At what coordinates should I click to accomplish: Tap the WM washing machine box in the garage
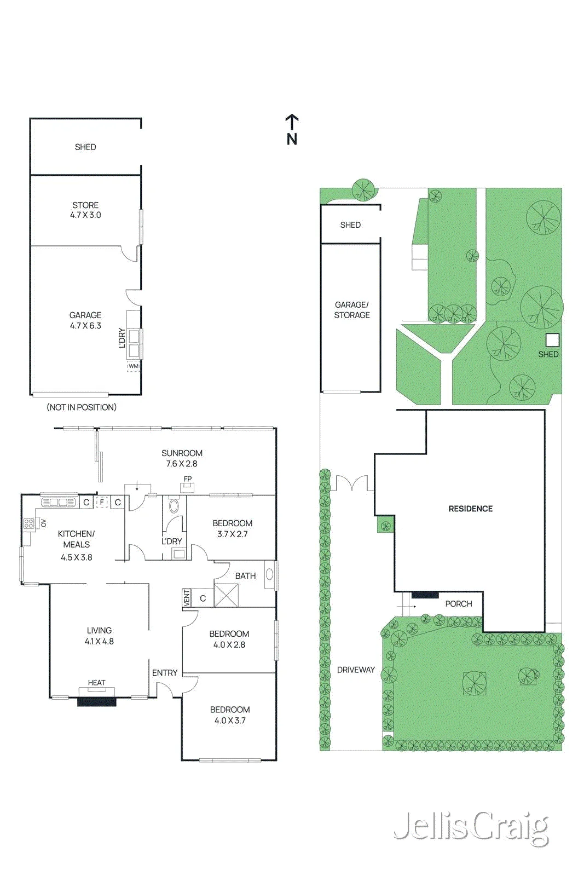(134, 366)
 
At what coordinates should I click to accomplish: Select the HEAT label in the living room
(96, 682)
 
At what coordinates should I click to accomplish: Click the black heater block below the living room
(96, 702)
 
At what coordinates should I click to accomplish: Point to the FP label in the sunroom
(188, 479)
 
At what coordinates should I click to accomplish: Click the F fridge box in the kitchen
(102, 502)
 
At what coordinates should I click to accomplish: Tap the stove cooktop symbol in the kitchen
(28, 523)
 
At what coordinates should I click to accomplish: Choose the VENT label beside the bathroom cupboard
(187, 598)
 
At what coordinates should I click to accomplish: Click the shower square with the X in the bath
(227, 595)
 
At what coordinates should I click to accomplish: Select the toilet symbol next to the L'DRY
(174, 506)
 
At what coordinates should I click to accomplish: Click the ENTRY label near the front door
(165, 673)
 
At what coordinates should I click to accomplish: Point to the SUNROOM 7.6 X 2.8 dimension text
(182, 458)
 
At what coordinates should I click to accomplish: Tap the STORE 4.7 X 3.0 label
(85, 210)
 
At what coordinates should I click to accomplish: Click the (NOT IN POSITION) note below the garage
(82, 407)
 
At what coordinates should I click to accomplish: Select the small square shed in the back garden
(552, 340)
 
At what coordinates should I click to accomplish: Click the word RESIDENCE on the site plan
(471, 509)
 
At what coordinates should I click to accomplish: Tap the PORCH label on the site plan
(459, 603)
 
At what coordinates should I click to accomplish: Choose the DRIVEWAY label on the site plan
(356, 670)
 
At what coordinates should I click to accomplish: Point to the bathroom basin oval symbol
(269, 574)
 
